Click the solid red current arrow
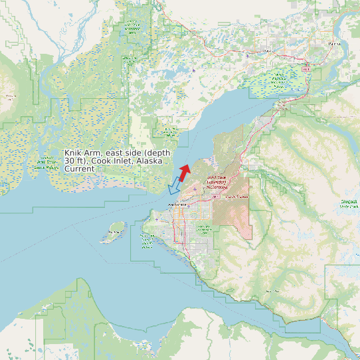pos(185,170)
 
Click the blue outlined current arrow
pos(174,186)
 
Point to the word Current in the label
pos(79,169)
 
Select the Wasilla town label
pos(268,50)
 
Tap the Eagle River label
pos(236,197)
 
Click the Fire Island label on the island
pos(116,232)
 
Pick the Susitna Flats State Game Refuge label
pos(46,163)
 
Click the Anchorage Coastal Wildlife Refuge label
pos(147,242)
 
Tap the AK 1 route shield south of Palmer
pos(307,68)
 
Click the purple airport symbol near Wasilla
pos(248,56)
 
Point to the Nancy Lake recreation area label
pos(132,27)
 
